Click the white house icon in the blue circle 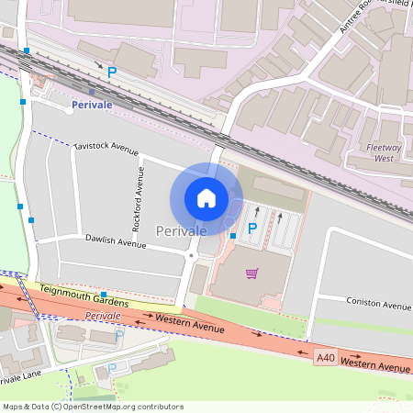(206, 197)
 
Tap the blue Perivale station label (92, 106)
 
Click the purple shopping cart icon (252, 273)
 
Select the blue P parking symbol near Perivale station (112, 72)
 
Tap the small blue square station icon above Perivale (92, 91)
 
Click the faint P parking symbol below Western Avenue (112, 368)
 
